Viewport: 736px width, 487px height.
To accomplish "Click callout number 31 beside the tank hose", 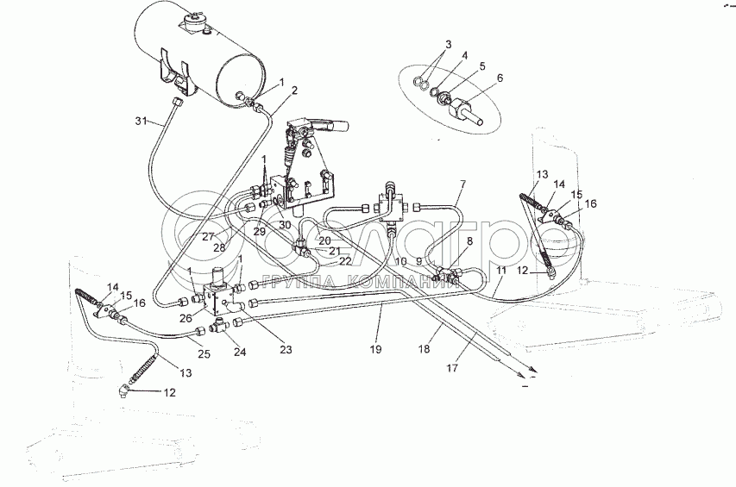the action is tap(141, 120).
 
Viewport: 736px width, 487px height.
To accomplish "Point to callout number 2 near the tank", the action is tap(294, 90).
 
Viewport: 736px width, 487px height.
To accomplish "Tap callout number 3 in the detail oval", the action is tap(448, 44).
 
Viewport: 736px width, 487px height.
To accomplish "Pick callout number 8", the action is tap(470, 243).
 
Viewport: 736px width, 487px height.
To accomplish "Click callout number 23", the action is tap(286, 350).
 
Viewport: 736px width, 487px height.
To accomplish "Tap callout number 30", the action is tap(284, 226).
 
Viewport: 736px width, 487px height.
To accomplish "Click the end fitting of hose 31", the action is tap(176, 103).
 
